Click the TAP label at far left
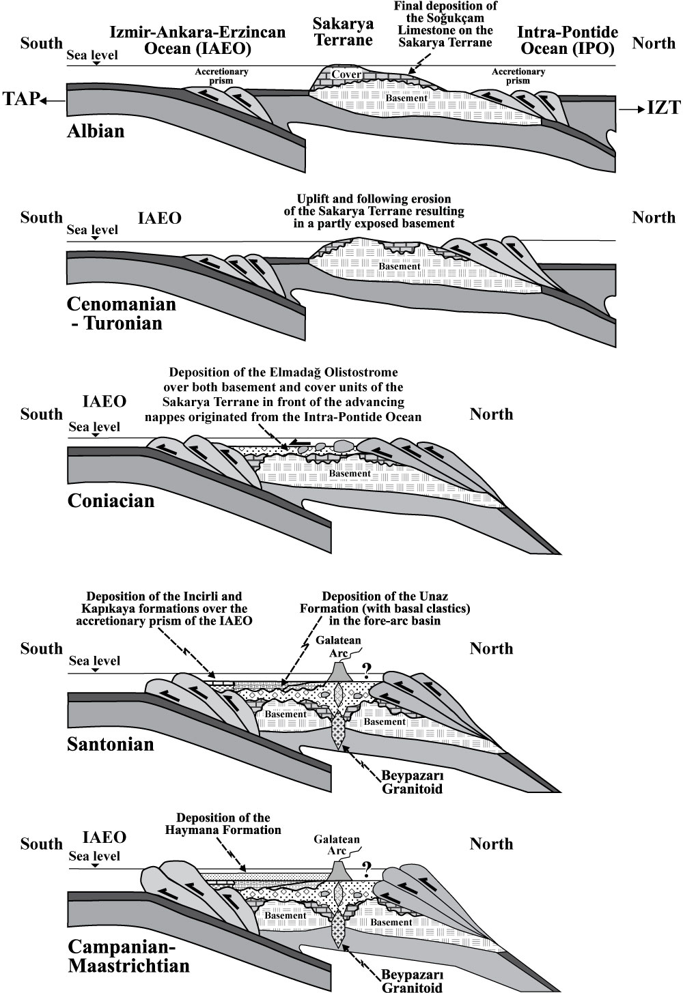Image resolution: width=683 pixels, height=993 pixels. pos(20,100)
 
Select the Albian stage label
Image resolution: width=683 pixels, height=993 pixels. pos(96,132)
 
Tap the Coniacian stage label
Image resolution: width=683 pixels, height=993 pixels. pos(111,501)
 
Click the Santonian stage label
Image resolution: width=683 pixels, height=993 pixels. pos(110,744)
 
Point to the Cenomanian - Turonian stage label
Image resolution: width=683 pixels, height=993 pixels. pos(121,313)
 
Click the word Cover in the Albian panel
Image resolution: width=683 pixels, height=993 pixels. pos(346,74)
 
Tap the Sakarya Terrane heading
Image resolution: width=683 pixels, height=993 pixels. pos(343,31)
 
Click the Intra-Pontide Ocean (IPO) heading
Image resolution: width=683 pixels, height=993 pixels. pos(568,40)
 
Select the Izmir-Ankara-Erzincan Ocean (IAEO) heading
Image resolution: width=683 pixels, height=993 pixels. pos(198,40)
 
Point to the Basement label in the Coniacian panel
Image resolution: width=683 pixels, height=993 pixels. pos(350,473)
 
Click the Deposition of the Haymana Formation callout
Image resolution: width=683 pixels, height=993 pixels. pos(223,824)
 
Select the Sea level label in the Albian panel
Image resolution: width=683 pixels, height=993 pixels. pos(92,55)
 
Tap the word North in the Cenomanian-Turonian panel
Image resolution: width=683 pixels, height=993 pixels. pos(654,218)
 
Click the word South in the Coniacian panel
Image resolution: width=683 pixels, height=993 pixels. pos(42,414)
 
